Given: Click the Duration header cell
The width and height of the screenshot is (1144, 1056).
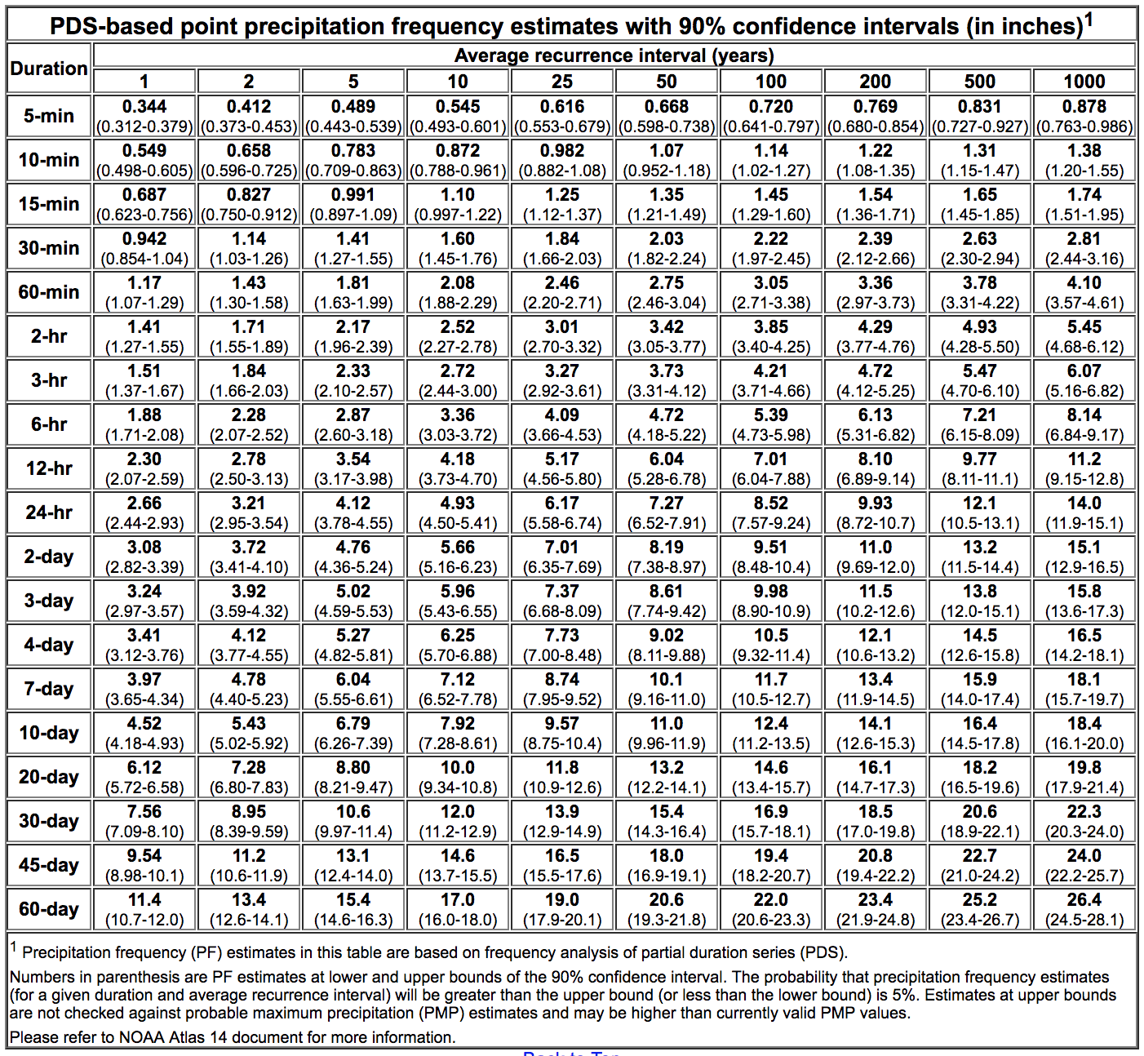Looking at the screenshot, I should pyautogui.click(x=49, y=69).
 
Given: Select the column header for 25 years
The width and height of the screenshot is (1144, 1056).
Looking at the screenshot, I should pyautogui.click(x=562, y=82).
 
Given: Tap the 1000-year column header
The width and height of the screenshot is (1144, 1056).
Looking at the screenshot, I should pyautogui.click(x=1084, y=82).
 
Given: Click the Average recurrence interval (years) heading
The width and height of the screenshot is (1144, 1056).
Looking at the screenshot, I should pyautogui.click(x=614, y=55).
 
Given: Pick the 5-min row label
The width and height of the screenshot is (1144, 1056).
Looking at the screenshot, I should pyautogui.click(x=49, y=116).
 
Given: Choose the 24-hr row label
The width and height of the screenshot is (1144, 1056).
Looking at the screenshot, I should pyautogui.click(x=49, y=512).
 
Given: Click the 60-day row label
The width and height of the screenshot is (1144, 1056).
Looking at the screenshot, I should pyautogui.click(x=49, y=909).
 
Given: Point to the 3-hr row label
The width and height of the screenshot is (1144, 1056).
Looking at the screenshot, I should pyautogui.click(x=49, y=380).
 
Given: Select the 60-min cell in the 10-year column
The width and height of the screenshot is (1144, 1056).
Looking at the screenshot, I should pyautogui.click(x=458, y=292).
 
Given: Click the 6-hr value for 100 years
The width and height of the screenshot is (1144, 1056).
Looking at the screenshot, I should pyautogui.click(x=771, y=424).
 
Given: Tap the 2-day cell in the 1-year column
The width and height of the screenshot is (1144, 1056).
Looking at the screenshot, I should pyautogui.click(x=144, y=557).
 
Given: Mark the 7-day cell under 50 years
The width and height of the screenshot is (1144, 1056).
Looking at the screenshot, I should pyautogui.click(x=667, y=689).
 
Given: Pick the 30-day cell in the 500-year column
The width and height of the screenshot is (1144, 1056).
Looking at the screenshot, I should pyautogui.click(x=980, y=821).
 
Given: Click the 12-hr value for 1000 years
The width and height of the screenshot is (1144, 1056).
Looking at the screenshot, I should pyautogui.click(x=1084, y=468).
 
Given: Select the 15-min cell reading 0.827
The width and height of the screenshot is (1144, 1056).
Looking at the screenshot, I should pyautogui.click(x=249, y=204).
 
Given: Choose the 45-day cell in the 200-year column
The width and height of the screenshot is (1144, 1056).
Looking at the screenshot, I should pyautogui.click(x=876, y=865).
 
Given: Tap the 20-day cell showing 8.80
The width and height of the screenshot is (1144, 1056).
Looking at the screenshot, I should pyautogui.click(x=353, y=777).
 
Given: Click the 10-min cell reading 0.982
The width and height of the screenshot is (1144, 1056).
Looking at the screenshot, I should pyautogui.click(x=562, y=160).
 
